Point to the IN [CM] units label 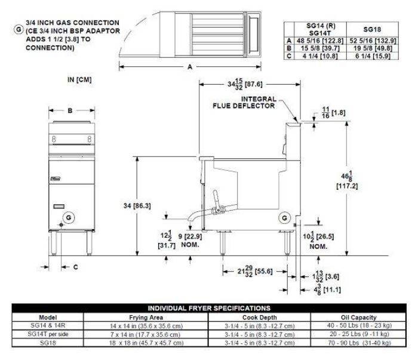coord(79,79)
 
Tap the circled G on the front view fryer coord(70,216)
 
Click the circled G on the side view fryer coord(284,216)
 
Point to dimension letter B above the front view coord(70,110)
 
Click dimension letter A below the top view coord(189,68)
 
